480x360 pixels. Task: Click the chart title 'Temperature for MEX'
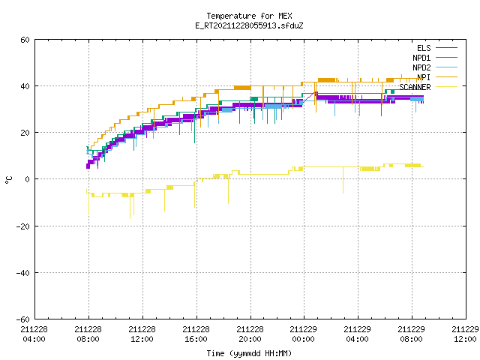pyautogui.click(x=249, y=16)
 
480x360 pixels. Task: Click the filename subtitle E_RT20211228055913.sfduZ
pyautogui.click(x=249, y=25)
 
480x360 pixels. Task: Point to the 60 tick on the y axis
pyautogui.click(x=25, y=40)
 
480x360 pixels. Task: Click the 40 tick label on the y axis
pyautogui.click(x=25, y=86)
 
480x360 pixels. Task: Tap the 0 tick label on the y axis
pyautogui.click(x=28, y=179)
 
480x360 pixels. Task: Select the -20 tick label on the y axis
pyautogui.click(x=23, y=226)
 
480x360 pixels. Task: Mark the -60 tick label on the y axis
pyautogui.click(x=23, y=319)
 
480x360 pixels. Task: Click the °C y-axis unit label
pyautogui.click(x=9, y=180)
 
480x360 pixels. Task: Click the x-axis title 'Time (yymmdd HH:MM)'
pyautogui.click(x=249, y=353)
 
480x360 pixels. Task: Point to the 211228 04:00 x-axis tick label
pyautogui.click(x=34, y=334)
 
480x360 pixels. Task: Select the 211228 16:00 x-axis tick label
pyautogui.click(x=196, y=334)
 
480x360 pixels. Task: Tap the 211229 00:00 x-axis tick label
pyautogui.click(x=303, y=334)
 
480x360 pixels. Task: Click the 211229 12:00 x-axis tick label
pyautogui.click(x=465, y=334)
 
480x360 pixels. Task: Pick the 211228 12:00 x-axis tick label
pyautogui.click(x=142, y=334)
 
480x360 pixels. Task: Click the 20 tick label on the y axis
pyautogui.click(x=25, y=133)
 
